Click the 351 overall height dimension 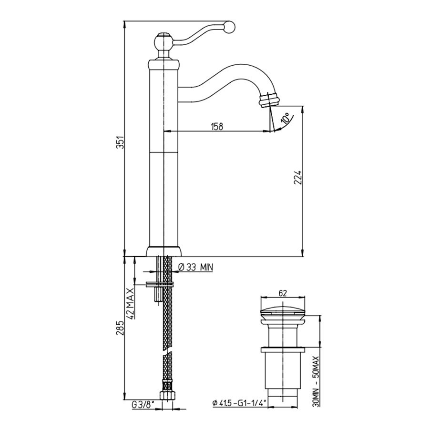(x=120, y=142)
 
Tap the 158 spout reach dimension (x=217, y=126)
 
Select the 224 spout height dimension (x=298, y=178)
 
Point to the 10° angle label (x=286, y=118)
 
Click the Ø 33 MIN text (x=196, y=267)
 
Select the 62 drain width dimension (x=283, y=293)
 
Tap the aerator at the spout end (x=269, y=99)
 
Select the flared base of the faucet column (x=163, y=251)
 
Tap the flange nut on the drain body (x=283, y=349)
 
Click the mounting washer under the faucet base (x=160, y=284)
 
